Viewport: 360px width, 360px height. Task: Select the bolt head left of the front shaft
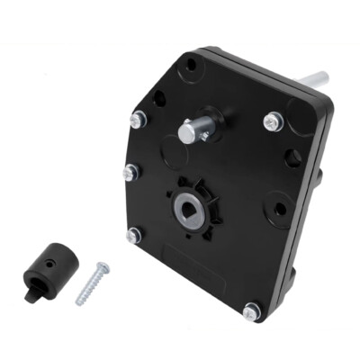click(x=138, y=118)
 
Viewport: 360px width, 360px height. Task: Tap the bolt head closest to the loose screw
click(x=134, y=235)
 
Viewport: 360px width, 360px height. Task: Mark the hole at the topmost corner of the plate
click(x=190, y=65)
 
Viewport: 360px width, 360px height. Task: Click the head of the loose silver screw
click(x=103, y=267)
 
